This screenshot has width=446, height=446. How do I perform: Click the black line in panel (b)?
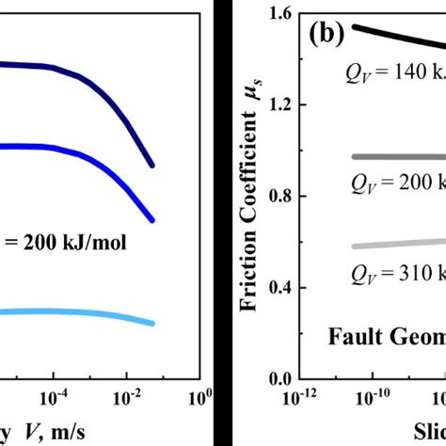click(x=395, y=35)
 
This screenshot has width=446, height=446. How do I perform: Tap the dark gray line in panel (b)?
click(x=395, y=157)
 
